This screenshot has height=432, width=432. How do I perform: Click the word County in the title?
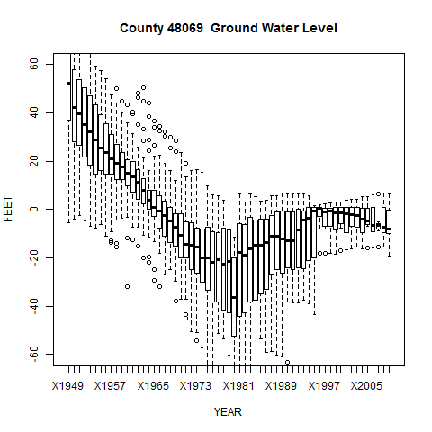(142, 29)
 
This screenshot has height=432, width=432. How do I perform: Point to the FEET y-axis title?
(9, 210)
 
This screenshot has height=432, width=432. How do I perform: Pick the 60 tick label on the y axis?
(35, 64)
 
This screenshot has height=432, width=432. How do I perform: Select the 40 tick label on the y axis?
(35, 112)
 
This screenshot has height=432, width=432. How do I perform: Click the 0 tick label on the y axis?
(35, 210)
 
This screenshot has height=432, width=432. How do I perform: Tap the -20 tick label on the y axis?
(35, 258)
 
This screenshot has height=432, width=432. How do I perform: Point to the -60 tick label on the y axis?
(35, 355)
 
